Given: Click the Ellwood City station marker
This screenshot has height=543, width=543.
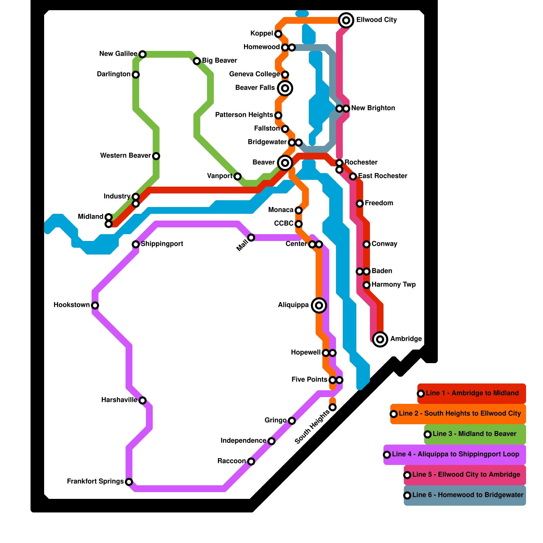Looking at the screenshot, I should [x=346, y=20].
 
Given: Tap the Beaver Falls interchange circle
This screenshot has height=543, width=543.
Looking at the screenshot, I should [x=285, y=88].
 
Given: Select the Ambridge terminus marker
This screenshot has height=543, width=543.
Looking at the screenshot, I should [x=380, y=339].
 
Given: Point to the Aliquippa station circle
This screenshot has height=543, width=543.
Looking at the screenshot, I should [x=319, y=305].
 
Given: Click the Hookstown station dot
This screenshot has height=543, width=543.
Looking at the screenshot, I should [x=95, y=305].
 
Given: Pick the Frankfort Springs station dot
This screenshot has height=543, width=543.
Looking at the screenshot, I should [x=129, y=482].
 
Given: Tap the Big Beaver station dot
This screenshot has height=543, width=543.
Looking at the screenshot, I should [x=197, y=61].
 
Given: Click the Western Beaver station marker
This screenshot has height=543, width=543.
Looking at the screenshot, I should [x=156, y=156].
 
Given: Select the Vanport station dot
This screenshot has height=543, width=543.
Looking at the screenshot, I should [x=238, y=176].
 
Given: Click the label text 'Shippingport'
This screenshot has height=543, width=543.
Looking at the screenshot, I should [x=162, y=244].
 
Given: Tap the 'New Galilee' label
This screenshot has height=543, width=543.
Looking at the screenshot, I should [x=118, y=54].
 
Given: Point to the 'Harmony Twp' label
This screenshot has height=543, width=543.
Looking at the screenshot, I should [x=393, y=285].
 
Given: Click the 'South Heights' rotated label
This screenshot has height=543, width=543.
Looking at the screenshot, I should [x=312, y=427].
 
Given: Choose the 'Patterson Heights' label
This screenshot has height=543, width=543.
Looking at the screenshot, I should [x=244, y=115].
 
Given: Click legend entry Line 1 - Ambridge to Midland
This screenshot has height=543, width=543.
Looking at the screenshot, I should [x=472, y=393].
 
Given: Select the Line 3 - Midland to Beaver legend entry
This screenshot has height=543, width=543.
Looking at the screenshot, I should [x=474, y=434].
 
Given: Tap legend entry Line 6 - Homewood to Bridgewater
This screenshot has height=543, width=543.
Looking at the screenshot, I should [x=468, y=495].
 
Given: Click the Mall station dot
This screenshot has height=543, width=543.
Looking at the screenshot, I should [x=251, y=238].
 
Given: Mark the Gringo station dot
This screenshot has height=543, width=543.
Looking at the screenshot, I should [x=292, y=421].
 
